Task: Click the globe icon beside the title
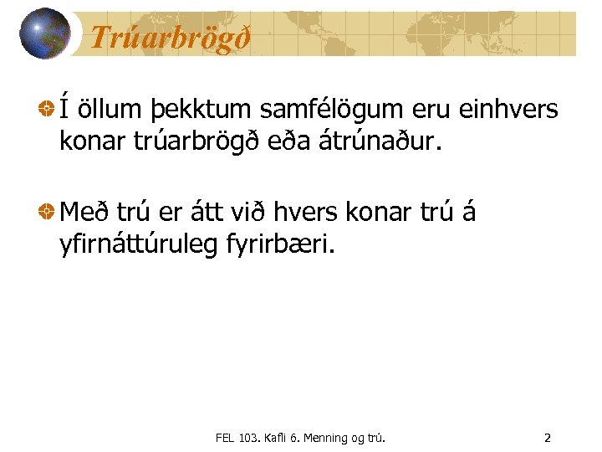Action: (x=44, y=33)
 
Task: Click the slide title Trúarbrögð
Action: (x=170, y=38)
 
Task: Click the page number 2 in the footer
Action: (x=547, y=438)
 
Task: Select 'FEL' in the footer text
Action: (x=225, y=438)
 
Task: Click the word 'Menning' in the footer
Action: (x=330, y=438)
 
